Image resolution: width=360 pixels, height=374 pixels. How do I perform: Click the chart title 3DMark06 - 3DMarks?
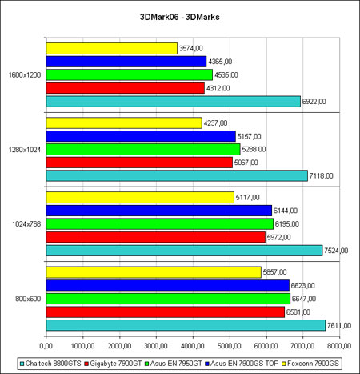(x=180, y=17)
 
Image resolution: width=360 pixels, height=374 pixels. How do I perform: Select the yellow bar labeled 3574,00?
(x=112, y=48)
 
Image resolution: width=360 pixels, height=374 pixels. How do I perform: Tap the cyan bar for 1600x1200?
(x=174, y=102)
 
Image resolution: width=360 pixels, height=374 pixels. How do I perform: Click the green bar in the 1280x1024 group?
(x=143, y=149)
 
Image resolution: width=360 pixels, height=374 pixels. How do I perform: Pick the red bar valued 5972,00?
(x=156, y=237)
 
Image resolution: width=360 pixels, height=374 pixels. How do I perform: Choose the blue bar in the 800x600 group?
(x=168, y=285)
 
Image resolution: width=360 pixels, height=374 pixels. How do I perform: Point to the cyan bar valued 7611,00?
(x=186, y=325)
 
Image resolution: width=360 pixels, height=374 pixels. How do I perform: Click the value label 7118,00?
(x=321, y=176)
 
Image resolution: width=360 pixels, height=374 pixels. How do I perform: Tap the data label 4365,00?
(x=220, y=62)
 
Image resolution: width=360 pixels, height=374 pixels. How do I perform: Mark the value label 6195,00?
(x=287, y=224)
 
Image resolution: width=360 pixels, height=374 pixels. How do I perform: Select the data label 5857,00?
(x=274, y=272)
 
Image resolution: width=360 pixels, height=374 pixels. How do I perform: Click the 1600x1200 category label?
(x=25, y=75)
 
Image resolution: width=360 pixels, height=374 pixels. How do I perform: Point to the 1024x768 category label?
(x=26, y=224)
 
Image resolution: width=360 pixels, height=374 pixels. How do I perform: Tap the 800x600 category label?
(x=28, y=299)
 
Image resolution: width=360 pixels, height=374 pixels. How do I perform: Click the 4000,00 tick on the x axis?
(x=193, y=346)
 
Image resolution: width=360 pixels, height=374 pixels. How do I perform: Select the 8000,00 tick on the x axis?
(x=339, y=346)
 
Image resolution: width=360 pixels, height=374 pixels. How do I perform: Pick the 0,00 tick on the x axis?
(x=46, y=346)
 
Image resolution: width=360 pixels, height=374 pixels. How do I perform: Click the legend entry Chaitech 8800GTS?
(x=50, y=364)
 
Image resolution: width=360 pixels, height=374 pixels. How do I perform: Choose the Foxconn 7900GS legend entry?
(x=310, y=364)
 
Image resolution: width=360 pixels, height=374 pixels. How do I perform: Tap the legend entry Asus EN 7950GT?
(x=174, y=364)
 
